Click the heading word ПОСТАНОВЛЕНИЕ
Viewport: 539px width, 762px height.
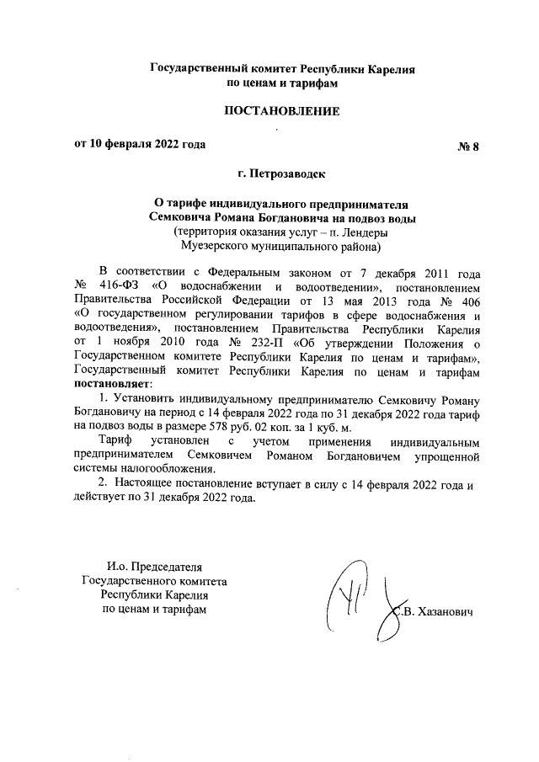[280, 111]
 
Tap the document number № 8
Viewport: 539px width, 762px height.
[467, 146]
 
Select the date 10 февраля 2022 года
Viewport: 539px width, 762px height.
[150, 144]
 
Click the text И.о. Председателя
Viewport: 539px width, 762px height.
[154, 566]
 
